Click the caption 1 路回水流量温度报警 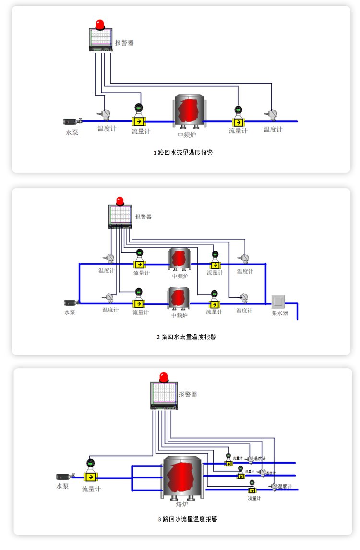(183, 153)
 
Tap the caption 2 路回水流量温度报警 (186, 337)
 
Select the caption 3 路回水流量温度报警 (188, 519)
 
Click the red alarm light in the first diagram (100, 24)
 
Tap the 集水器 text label (280, 313)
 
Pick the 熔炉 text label (182, 504)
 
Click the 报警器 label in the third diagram (188, 394)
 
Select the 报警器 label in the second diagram (143, 216)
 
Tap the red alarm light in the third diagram (164, 376)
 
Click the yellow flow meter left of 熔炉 (89, 477)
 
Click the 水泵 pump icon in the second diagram (70, 303)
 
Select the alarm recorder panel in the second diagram (120, 216)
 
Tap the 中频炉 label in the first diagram (187, 135)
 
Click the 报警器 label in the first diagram (124, 43)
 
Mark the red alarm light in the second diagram (120, 201)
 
